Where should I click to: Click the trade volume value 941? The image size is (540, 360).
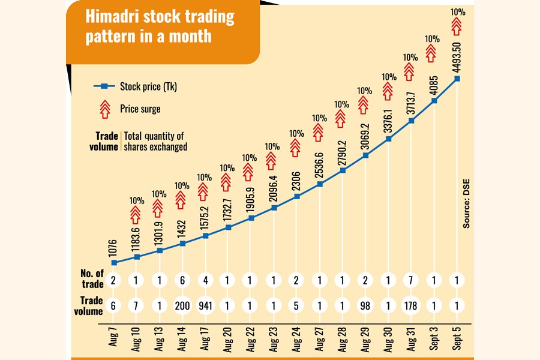click(205, 305)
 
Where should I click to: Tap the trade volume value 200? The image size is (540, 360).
click(182, 305)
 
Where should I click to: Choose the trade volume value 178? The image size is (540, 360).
click(411, 305)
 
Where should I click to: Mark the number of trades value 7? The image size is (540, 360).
click(411, 280)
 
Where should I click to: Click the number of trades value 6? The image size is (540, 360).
click(182, 280)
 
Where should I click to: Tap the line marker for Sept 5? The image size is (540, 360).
click(457, 78)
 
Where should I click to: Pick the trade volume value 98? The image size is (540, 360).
click(365, 305)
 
